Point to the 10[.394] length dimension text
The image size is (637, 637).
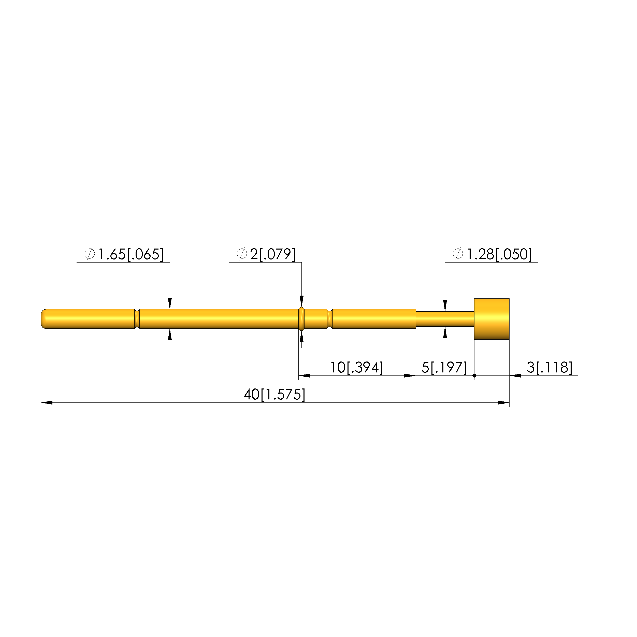357,367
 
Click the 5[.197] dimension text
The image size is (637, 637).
444,367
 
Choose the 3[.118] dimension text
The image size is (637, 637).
549,367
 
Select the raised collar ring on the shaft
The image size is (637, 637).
301,319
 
